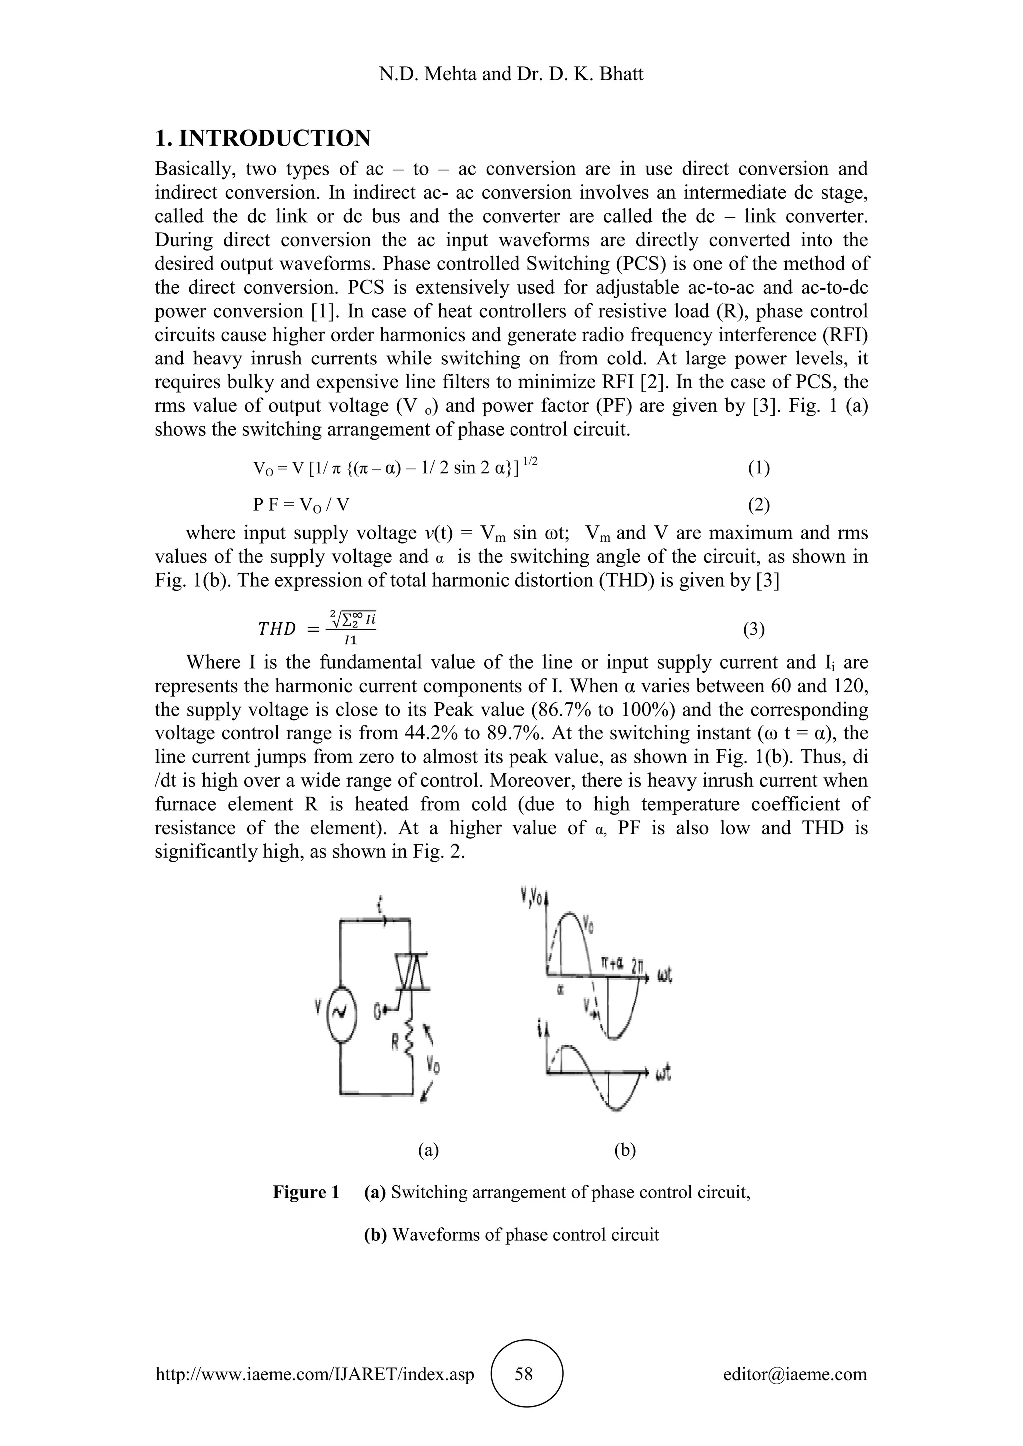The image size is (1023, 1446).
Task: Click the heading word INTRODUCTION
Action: pos(275,138)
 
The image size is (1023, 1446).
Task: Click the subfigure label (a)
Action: pos(429,1150)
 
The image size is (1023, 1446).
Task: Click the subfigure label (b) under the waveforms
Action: pos(625,1150)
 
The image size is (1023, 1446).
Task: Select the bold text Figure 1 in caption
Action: pos(306,1192)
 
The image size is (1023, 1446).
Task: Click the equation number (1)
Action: pos(758,468)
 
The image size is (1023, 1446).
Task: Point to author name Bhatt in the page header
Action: pos(620,74)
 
